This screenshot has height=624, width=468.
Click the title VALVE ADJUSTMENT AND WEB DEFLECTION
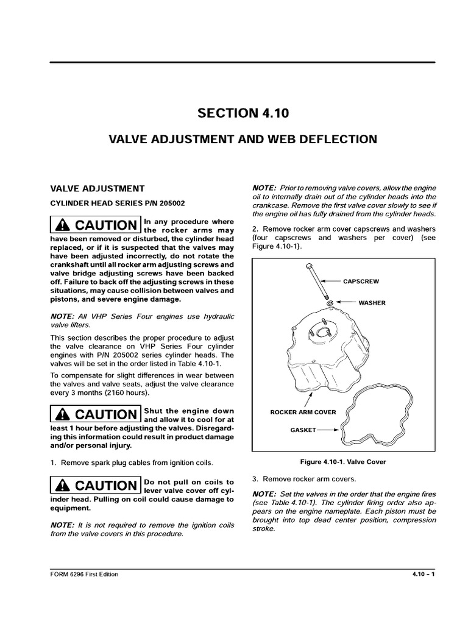point(243,140)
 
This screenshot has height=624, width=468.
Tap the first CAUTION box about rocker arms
point(95,225)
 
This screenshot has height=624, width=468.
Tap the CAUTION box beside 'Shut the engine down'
point(95,414)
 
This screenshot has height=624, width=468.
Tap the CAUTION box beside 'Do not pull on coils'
point(95,485)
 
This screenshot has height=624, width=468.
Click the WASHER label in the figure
point(372,302)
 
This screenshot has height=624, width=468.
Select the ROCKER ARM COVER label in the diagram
point(303,412)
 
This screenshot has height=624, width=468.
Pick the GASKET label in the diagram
point(303,430)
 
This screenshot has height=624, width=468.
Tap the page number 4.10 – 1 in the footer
point(420,575)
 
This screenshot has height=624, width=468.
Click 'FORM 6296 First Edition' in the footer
point(84,575)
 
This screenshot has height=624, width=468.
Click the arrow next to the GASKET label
point(330,430)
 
